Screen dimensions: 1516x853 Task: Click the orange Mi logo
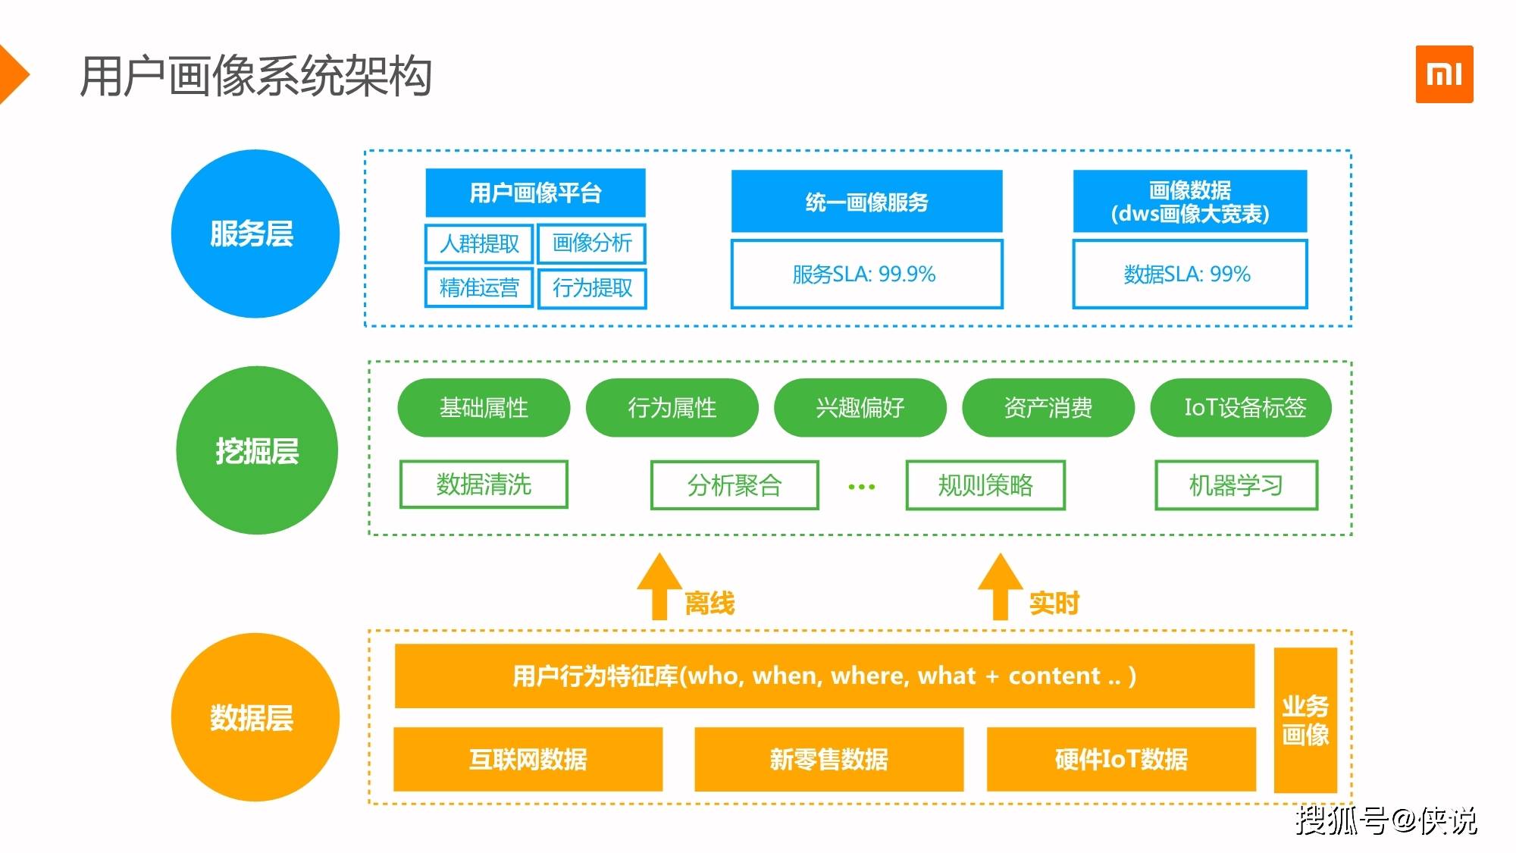pos(1444,74)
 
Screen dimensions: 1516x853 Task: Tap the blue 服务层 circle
pos(255,234)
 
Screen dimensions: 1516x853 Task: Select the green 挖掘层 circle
pos(257,450)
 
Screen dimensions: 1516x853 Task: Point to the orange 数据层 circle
pos(255,717)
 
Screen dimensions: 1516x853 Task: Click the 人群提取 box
pos(479,243)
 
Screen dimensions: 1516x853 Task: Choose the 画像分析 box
pos(592,243)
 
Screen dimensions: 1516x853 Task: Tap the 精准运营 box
pos(479,288)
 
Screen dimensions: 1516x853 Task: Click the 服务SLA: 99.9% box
pos(866,274)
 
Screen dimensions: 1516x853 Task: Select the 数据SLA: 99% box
pos(1190,274)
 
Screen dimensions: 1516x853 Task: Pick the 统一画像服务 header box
pos(866,201)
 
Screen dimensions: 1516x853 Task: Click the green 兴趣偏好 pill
pos(860,408)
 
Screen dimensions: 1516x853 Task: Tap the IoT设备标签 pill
pos(1241,408)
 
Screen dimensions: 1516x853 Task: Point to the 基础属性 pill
pos(484,408)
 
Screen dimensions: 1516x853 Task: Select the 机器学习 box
pos(1236,485)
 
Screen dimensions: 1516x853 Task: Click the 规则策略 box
pos(985,485)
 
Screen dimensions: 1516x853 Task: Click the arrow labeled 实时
pos(1001,587)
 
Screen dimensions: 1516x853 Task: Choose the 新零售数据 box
pos(829,759)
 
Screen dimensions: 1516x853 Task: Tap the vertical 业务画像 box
pos(1305,720)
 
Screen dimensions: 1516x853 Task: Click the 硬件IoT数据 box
pos(1121,759)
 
